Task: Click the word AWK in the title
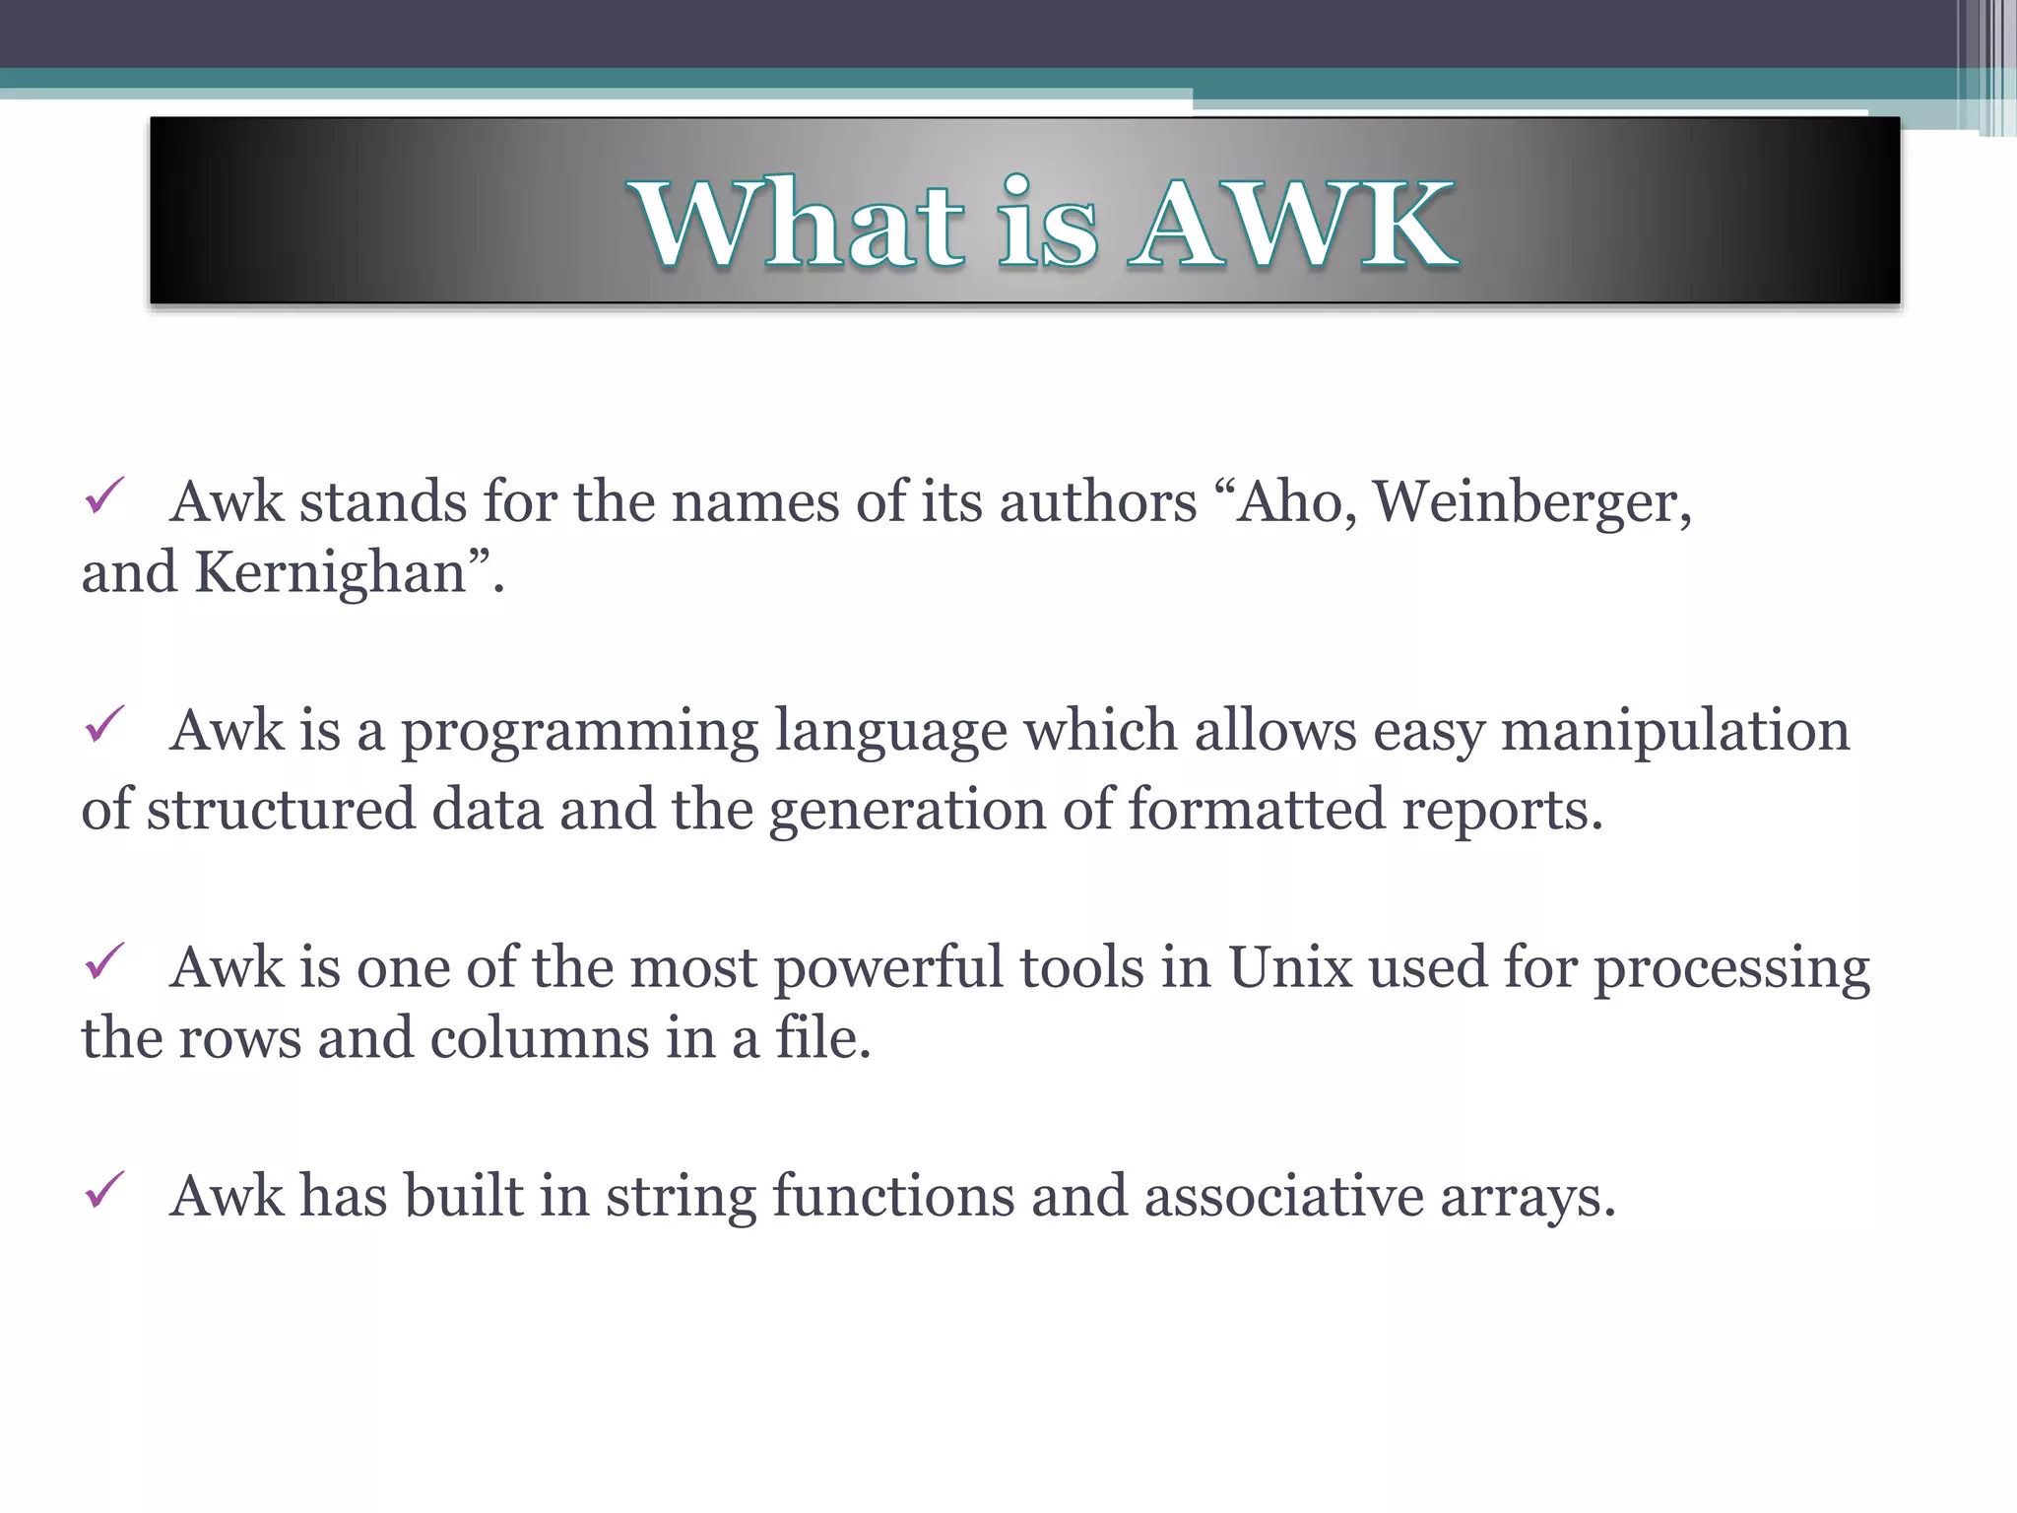[x=1294, y=225]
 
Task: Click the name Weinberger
[x=1525, y=502]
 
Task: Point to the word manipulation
[x=1674, y=732]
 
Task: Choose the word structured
[x=282, y=810]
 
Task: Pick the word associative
[x=1283, y=1197]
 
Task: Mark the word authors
[x=1097, y=502]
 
